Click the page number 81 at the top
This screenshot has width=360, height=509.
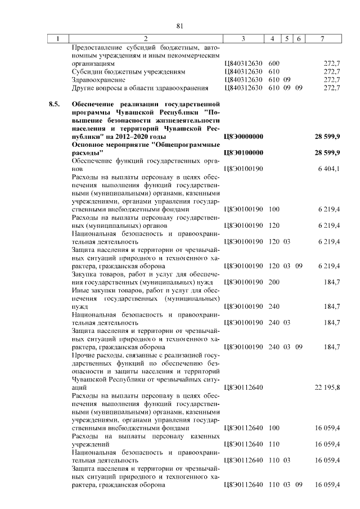[x=180, y=26]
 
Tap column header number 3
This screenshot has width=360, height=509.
[x=243, y=39]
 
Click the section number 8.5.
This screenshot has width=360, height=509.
[x=54, y=105]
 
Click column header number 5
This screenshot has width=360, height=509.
[x=287, y=39]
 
